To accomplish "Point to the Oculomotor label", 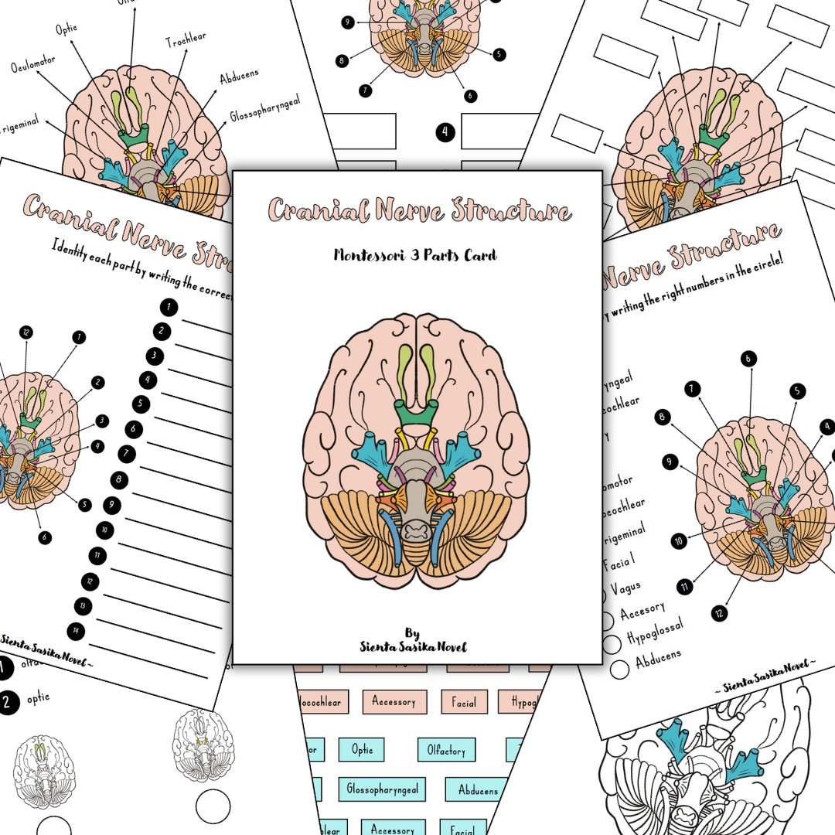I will click(35, 66).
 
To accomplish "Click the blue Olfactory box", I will click(446, 749).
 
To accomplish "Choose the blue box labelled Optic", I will click(362, 749).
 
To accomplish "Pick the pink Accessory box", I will click(394, 702).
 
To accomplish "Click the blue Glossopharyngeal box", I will click(382, 789).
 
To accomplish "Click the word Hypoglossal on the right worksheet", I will click(655, 636).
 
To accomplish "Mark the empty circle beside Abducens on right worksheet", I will click(619, 670).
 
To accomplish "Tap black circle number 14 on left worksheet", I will click(75, 630).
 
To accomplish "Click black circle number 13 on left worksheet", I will click(82, 605).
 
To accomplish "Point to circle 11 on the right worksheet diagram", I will click(685, 587).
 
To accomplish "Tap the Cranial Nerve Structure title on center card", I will click(420, 210).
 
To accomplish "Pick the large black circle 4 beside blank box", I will click(445, 132).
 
